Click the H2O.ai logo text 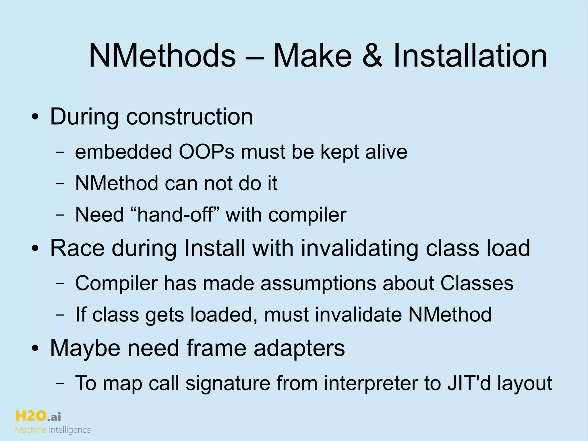pos(38,416)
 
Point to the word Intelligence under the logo pos(70,430)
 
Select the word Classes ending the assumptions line pos(477,283)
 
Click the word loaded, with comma pos(224,315)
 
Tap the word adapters pos(299,348)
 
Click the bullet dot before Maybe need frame pos(35,349)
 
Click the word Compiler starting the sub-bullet pos(116,283)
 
